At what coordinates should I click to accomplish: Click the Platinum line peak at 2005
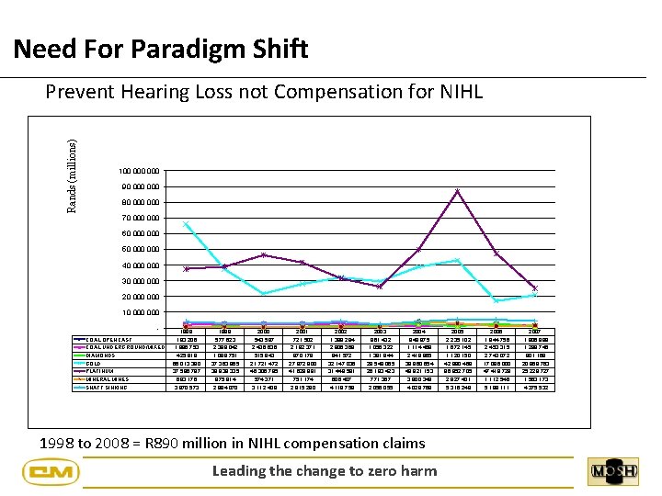pyautogui.click(x=457, y=191)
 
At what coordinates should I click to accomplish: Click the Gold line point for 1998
pyautogui.click(x=187, y=223)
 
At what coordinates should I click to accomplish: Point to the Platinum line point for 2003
pyautogui.click(x=380, y=287)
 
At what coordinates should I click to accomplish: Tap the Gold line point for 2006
pyautogui.click(x=496, y=301)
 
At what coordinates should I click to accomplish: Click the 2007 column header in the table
pyautogui.click(x=534, y=332)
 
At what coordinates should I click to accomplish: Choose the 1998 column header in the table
pyautogui.click(x=187, y=332)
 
